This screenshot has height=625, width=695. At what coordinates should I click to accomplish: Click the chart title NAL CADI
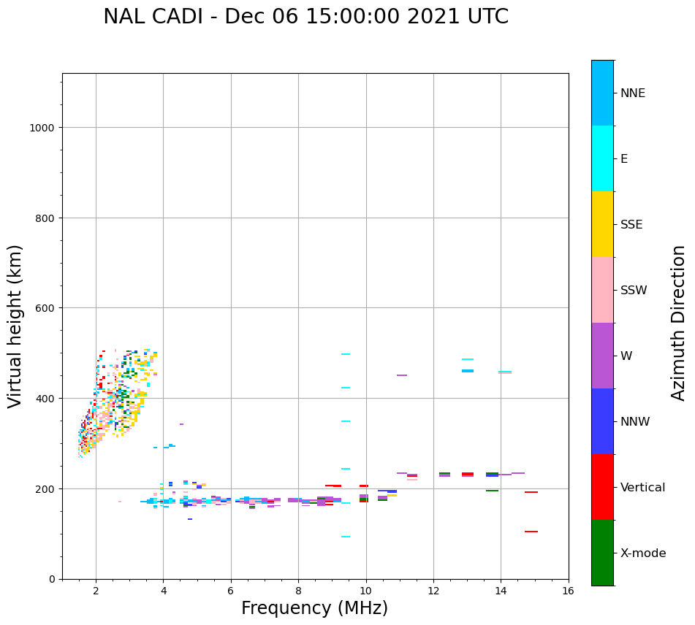(x=305, y=17)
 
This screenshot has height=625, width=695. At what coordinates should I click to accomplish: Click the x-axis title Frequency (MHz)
(x=314, y=608)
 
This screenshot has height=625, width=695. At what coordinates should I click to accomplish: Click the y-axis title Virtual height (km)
(x=15, y=326)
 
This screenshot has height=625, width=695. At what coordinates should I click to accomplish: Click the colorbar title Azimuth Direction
(x=679, y=323)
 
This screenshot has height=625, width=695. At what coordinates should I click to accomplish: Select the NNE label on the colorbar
(x=633, y=93)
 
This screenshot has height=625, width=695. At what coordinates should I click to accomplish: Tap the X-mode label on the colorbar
(x=643, y=553)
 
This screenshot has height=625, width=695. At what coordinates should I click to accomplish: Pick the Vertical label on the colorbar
(x=643, y=487)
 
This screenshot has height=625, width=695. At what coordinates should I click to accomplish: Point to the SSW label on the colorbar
(x=634, y=290)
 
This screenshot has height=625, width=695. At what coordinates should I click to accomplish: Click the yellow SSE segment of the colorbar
(x=602, y=224)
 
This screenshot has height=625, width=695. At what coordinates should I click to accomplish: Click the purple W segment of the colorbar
(x=602, y=356)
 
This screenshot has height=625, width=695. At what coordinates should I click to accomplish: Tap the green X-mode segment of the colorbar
(x=602, y=553)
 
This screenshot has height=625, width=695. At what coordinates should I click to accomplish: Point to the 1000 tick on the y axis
(x=45, y=128)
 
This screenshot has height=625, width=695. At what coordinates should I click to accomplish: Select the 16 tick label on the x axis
(x=568, y=591)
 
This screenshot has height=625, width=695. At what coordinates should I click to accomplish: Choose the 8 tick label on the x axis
(x=298, y=591)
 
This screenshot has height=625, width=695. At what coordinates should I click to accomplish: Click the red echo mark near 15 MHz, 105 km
(x=531, y=532)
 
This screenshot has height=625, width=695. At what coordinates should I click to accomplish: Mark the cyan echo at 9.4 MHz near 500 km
(x=346, y=354)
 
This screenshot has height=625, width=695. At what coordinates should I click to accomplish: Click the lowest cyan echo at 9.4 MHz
(x=346, y=537)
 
